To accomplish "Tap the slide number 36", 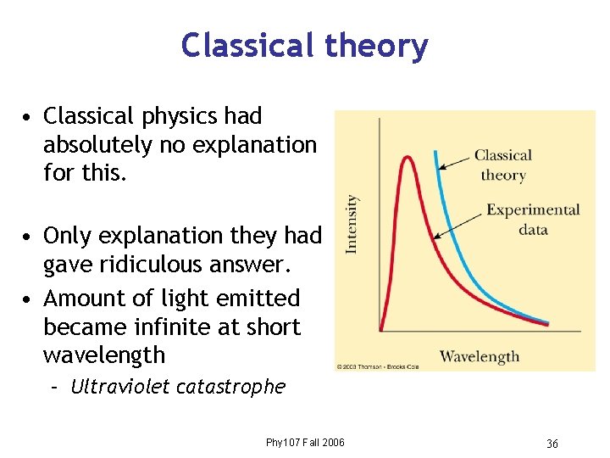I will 552,444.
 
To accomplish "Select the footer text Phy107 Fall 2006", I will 305,443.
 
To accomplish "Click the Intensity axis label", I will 352,223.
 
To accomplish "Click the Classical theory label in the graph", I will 503,165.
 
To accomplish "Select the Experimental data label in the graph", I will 533,220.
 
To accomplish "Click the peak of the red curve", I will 408,158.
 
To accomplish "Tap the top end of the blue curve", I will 435,153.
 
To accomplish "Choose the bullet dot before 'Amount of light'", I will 29,299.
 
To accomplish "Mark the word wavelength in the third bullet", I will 92,355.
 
